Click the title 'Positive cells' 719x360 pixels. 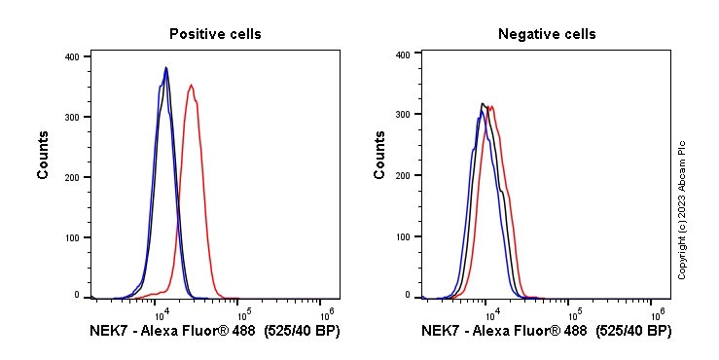pos(215,34)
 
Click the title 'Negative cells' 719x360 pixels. pos(547,34)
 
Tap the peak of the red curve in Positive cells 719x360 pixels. pos(192,85)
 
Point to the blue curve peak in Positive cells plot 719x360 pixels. pos(166,68)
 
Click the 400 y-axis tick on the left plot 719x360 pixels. pos(72,56)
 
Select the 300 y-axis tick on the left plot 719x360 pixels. pos(72,117)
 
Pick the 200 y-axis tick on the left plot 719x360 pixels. pos(72,176)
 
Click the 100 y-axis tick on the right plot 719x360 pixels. pos(402,234)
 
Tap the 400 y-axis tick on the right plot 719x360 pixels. pos(402,55)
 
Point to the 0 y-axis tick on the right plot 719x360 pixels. pos(408,294)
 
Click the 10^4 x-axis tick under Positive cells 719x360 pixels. pos(162,312)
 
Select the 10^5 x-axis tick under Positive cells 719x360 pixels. pos(244,312)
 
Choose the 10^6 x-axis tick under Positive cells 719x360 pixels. pos(328,312)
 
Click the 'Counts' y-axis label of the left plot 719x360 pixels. pos(44,156)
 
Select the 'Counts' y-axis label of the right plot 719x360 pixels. pos(380,156)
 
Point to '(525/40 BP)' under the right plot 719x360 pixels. pos(633,332)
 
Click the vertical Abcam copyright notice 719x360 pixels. pos(682,209)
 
